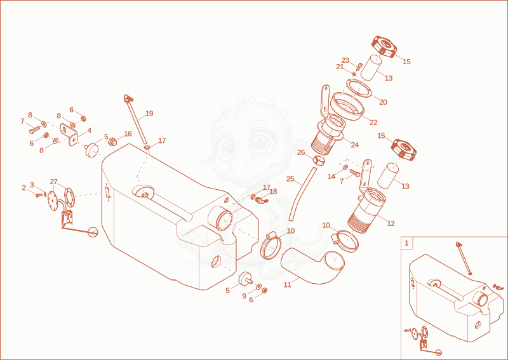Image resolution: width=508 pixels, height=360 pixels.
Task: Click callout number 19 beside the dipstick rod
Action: click(x=149, y=114)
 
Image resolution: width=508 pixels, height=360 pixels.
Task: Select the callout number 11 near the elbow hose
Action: click(x=288, y=285)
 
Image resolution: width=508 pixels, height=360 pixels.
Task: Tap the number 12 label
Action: click(x=391, y=223)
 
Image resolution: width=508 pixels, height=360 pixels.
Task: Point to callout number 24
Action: click(x=355, y=145)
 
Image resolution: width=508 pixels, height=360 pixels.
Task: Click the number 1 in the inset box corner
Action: click(x=407, y=243)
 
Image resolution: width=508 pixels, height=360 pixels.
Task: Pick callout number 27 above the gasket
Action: click(x=54, y=182)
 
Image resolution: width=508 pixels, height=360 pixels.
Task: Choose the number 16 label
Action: click(x=128, y=134)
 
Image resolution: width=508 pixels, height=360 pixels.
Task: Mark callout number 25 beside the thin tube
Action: click(x=290, y=178)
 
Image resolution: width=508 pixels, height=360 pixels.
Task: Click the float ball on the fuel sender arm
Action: click(x=93, y=231)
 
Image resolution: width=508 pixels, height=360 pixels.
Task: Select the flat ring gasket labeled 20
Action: click(x=359, y=88)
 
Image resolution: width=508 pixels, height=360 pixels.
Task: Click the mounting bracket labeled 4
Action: click(x=69, y=135)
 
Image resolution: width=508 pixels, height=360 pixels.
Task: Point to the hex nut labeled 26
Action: click(x=319, y=160)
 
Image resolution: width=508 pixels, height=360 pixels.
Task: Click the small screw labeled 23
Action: click(x=359, y=67)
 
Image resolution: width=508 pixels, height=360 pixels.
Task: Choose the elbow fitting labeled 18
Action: click(x=262, y=200)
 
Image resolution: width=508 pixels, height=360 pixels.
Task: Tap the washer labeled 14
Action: click(x=345, y=167)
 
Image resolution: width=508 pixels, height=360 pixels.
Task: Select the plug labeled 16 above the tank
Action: click(x=112, y=142)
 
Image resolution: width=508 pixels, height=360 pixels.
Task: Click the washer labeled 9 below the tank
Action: click(x=259, y=287)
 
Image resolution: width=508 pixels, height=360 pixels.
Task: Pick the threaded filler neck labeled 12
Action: click(x=366, y=210)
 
